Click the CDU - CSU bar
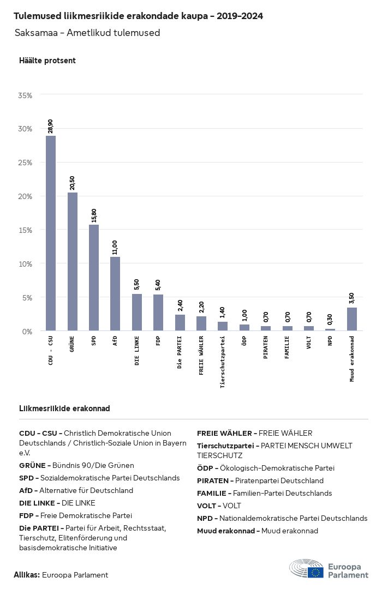[x=51, y=233]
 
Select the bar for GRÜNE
[x=73, y=262]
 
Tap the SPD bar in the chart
[x=94, y=278]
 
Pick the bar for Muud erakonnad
[x=352, y=319]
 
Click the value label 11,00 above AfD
[x=115, y=248]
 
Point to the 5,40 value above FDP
[x=158, y=285]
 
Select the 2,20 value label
[x=201, y=307]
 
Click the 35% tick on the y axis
[x=25, y=95]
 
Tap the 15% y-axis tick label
[x=25, y=230]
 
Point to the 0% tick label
[x=27, y=332]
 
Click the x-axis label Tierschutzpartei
[x=223, y=362]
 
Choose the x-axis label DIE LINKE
[x=136, y=351]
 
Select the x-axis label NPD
[x=330, y=341]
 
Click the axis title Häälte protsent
[x=47, y=61]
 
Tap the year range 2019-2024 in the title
[x=240, y=16]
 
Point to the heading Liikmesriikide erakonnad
[x=65, y=408]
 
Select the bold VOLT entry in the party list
[x=207, y=506]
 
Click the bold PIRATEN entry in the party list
[x=213, y=481]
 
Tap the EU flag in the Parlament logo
[x=315, y=572]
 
